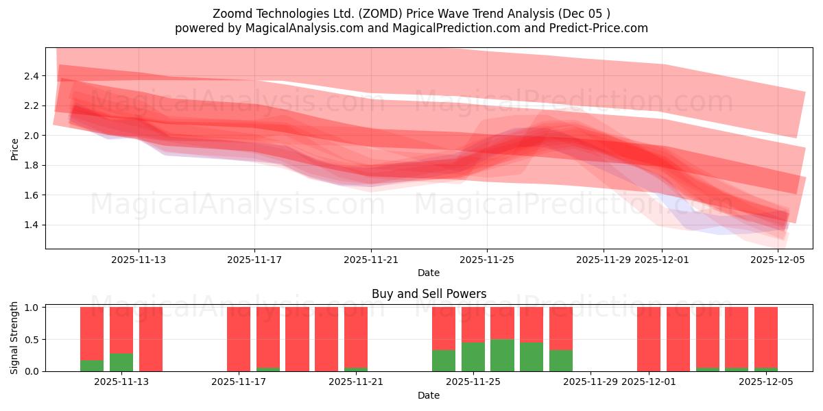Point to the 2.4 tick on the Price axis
[x=30, y=75]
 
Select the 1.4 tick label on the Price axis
[x=30, y=225]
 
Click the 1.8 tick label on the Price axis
[x=30, y=165]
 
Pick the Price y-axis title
[x=15, y=148]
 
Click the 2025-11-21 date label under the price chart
[x=371, y=260]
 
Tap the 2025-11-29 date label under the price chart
[x=604, y=260]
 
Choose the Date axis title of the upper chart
[x=429, y=273]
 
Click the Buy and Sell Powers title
[x=429, y=294]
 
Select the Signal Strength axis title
[x=15, y=338]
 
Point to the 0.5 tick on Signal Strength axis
[x=30, y=339]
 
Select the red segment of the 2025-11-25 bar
[x=473, y=324]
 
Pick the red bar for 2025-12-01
[x=649, y=339]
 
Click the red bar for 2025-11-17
[x=239, y=339]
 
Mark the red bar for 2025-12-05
[x=766, y=337]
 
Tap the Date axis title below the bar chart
[x=429, y=395]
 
